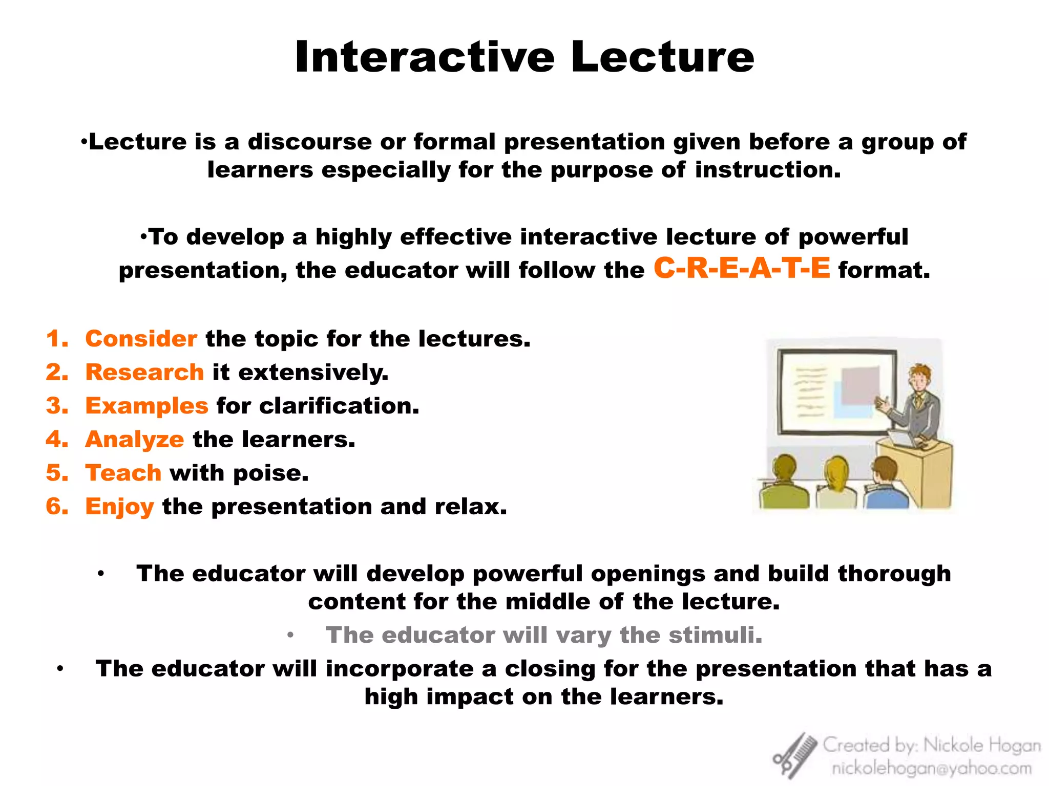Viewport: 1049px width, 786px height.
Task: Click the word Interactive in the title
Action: [425, 57]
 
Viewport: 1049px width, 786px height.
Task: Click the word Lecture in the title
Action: [662, 57]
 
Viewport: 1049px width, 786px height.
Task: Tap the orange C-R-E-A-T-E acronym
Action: [742, 268]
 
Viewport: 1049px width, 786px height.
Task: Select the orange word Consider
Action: [141, 339]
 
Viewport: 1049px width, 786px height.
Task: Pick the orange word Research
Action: [144, 372]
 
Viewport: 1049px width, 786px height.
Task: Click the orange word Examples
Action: [146, 406]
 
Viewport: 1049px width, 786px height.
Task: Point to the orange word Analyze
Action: [134, 440]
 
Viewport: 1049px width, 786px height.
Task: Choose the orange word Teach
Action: [123, 473]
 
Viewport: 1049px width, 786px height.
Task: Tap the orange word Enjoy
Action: [119, 507]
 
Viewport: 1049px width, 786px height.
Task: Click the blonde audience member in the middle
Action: [836, 473]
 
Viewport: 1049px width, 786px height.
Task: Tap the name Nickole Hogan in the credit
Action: [982, 745]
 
